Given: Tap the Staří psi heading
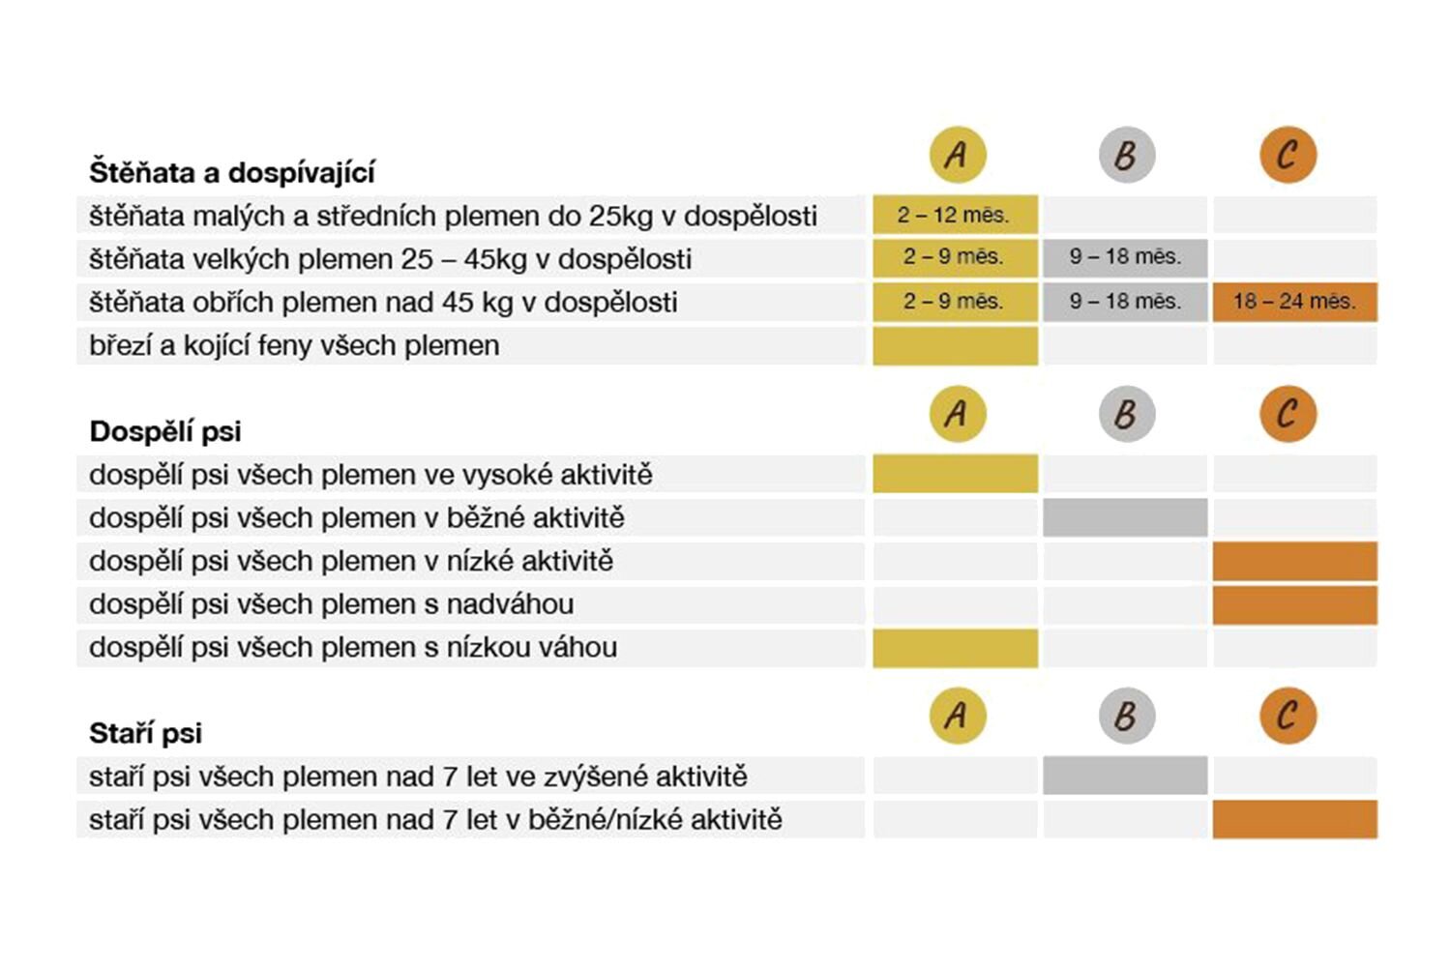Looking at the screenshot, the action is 146,733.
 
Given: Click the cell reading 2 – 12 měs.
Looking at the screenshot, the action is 955,215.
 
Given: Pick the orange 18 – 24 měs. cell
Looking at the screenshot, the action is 1295,302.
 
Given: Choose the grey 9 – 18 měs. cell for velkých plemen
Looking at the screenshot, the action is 1125,258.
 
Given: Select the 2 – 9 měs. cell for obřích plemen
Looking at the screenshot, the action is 955,302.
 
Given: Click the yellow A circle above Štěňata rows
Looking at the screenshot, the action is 958,155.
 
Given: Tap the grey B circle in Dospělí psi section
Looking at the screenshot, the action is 1127,414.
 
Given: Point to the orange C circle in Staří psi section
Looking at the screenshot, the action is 1288,715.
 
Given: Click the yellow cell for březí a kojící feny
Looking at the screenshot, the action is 955,346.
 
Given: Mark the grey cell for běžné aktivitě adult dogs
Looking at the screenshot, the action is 1125,517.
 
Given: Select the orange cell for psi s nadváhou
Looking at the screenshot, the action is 1295,605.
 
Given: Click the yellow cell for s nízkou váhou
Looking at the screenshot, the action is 955,648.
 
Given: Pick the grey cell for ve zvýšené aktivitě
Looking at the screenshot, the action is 1125,776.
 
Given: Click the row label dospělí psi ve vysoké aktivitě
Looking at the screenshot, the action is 370,475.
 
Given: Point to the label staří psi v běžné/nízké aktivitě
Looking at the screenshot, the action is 435,820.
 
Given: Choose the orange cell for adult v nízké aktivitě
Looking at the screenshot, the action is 1295,561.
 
